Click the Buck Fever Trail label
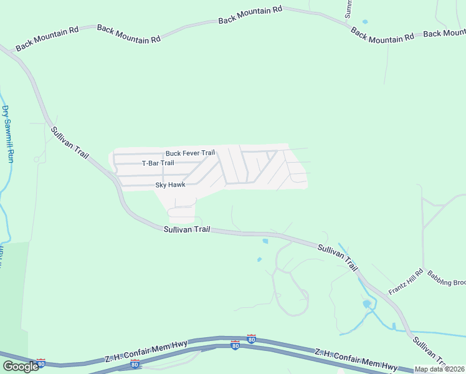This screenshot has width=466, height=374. [x=190, y=153]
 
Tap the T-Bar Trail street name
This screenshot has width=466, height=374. [x=158, y=163]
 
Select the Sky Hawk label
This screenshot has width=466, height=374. [x=170, y=185]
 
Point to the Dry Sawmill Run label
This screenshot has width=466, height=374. [x=7, y=134]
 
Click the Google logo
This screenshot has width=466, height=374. [x=20, y=366]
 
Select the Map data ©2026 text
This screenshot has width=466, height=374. [x=439, y=369]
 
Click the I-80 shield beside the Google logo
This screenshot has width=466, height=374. [x=40, y=363]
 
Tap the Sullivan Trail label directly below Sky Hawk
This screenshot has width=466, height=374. [x=187, y=229]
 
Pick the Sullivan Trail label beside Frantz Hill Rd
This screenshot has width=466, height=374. [x=338, y=257]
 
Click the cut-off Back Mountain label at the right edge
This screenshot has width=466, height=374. [x=444, y=33]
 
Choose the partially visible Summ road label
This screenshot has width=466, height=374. [x=349, y=9]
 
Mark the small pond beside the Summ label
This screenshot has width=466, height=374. [x=365, y=22]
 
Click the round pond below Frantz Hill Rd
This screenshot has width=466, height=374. [x=367, y=304]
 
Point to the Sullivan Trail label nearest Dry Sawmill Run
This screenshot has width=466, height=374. [x=70, y=143]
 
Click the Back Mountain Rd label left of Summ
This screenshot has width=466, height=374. [x=250, y=16]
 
